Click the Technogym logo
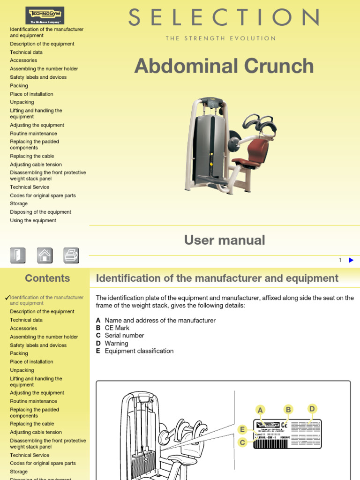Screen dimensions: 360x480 [x=45, y=15]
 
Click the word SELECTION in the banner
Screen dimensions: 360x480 [x=224, y=18]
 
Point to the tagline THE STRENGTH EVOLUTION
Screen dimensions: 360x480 [x=221, y=38]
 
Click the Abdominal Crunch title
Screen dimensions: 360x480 [x=224, y=66]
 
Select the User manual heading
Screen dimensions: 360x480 [x=225, y=240]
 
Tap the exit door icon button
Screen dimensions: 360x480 [x=18, y=255]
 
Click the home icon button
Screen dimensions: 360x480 [x=45, y=255]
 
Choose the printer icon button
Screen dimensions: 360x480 [x=71, y=255]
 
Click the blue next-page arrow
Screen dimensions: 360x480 [x=351, y=260]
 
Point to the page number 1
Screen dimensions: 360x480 [x=340, y=260]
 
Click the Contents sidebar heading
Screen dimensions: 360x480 [x=47, y=278]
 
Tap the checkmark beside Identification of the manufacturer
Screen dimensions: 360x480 [x=7, y=298]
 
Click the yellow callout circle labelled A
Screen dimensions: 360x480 [x=260, y=411]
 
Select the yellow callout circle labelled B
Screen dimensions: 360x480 [x=288, y=410]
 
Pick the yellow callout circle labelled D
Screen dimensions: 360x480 [x=312, y=409]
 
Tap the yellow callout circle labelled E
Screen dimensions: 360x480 [x=242, y=430]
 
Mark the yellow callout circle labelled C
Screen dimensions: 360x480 [x=242, y=442]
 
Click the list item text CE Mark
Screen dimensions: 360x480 [x=117, y=328]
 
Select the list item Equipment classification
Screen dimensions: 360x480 [x=139, y=351]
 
